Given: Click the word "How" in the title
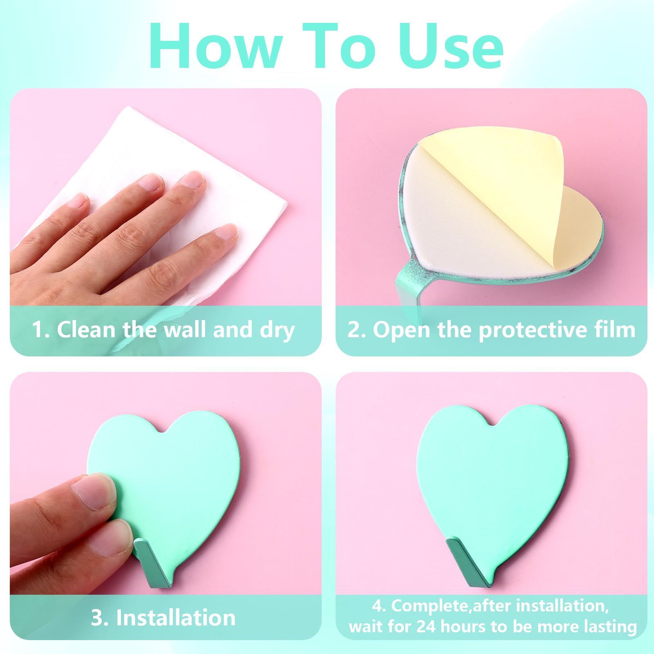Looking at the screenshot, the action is tap(216, 46).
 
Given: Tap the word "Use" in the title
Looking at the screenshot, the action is tap(451, 46).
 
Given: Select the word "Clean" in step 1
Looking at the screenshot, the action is tap(86, 329).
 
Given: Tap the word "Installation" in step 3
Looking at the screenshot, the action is tap(176, 617).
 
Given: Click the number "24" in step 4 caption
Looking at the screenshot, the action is tap(426, 627).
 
